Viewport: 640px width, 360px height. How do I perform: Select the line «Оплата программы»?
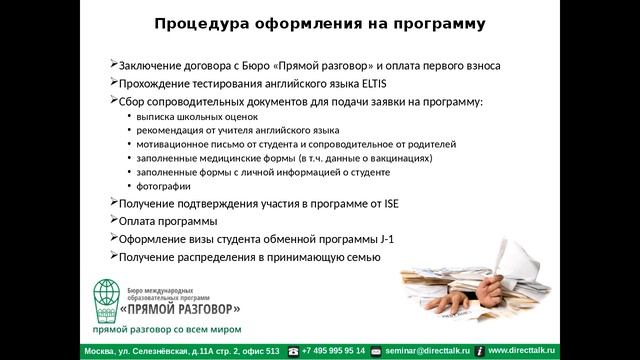[x=167, y=221]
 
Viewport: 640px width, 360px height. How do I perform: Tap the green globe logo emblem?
[x=106, y=296]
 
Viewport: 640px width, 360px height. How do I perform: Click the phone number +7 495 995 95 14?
[x=333, y=351]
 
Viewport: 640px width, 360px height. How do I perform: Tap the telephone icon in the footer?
[x=293, y=352]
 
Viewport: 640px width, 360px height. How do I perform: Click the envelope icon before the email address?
[x=378, y=352]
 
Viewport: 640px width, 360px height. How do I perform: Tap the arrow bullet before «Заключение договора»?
[x=113, y=66]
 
